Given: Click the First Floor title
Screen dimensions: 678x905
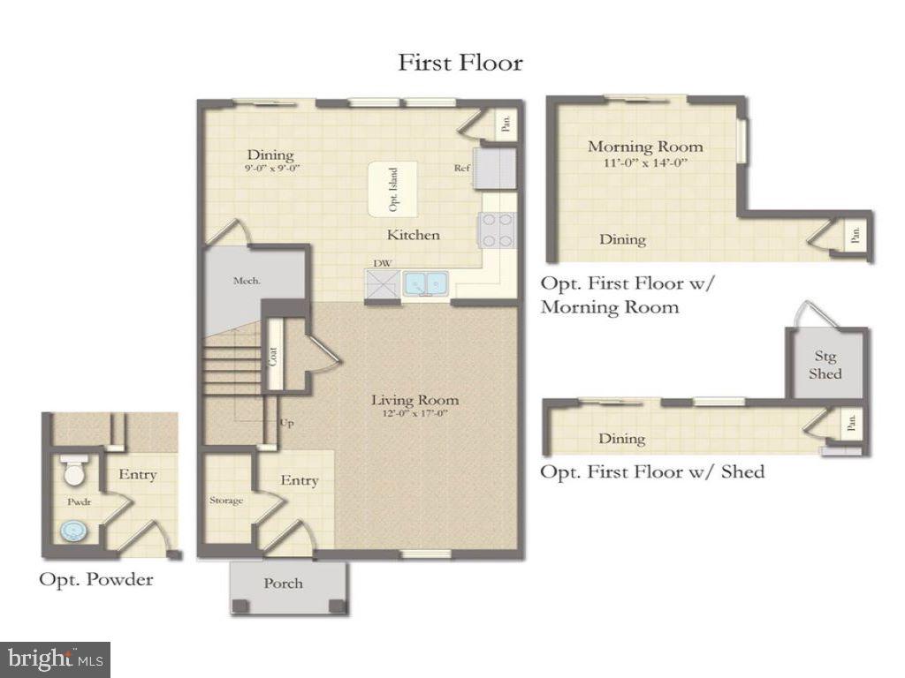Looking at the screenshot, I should pyautogui.click(x=460, y=63).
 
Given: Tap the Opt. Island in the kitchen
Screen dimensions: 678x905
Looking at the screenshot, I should pyautogui.click(x=392, y=189).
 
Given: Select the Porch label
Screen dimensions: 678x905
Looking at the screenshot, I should pyautogui.click(x=283, y=583).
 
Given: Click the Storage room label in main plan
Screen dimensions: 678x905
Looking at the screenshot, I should pyautogui.click(x=226, y=501).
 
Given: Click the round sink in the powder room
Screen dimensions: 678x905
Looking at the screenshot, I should pyautogui.click(x=72, y=531).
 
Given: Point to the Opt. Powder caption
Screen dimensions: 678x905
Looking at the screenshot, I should pyautogui.click(x=95, y=579).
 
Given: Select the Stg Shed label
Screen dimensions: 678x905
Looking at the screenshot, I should pyautogui.click(x=826, y=365).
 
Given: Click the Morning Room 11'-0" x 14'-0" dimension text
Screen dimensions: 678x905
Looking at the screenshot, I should pyautogui.click(x=645, y=162).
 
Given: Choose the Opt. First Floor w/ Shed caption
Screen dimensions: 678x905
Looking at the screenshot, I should pyautogui.click(x=652, y=471).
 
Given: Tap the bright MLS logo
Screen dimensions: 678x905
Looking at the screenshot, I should pyautogui.click(x=55, y=659).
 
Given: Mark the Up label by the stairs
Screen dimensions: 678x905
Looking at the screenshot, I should pyautogui.click(x=286, y=423).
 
